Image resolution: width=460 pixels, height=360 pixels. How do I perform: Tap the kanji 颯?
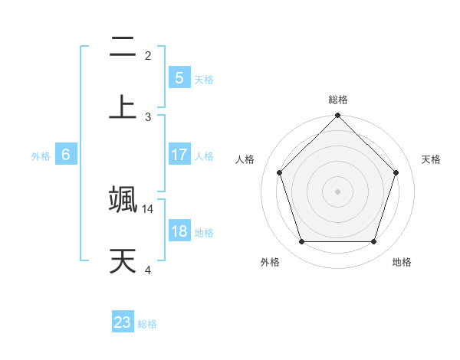tap(123, 198)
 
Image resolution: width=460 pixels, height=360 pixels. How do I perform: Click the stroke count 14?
tap(148, 208)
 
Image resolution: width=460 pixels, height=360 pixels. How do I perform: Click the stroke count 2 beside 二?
tap(148, 55)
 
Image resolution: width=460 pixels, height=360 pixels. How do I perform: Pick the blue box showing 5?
tap(179, 77)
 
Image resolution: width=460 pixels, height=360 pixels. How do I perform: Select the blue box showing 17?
tap(179, 155)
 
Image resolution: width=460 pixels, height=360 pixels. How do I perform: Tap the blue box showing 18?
tap(179, 231)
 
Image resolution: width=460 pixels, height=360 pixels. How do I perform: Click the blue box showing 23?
tap(123, 322)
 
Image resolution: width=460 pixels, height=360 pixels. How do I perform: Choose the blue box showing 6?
tap(66, 155)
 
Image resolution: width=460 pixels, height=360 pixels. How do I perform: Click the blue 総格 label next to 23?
tap(148, 324)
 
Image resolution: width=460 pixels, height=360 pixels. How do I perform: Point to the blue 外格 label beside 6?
tap(41, 156)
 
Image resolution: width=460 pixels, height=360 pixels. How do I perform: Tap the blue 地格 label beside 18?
tap(204, 233)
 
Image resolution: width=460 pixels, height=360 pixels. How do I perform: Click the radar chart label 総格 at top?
tap(338, 100)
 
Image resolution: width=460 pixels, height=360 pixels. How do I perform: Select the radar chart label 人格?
tap(245, 159)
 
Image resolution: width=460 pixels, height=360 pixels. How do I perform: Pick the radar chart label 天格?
tap(432, 159)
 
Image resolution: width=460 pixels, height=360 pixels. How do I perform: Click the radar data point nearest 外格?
tap(301, 242)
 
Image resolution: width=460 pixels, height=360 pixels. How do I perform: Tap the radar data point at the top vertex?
tap(337, 116)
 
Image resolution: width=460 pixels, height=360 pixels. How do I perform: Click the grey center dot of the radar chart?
tap(337, 191)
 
